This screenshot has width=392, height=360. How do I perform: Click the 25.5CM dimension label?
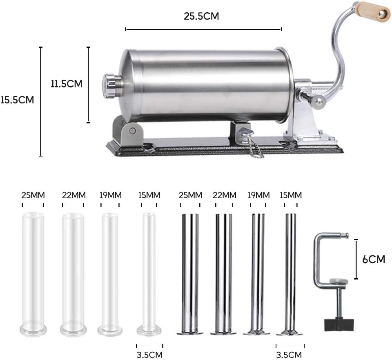tap(201, 16)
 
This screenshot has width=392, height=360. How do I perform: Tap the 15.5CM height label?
tap(17, 100)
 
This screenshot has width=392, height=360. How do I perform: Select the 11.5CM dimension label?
tap(67, 83)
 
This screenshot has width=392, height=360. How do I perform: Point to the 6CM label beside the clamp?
tap(374, 259)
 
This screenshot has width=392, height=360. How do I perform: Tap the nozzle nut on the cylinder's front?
tap(110, 86)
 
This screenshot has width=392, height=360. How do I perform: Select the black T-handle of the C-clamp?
tap(339, 324)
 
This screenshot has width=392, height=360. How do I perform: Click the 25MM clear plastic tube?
tap(33, 274)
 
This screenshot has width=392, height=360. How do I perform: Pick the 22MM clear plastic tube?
tap(73, 274)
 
